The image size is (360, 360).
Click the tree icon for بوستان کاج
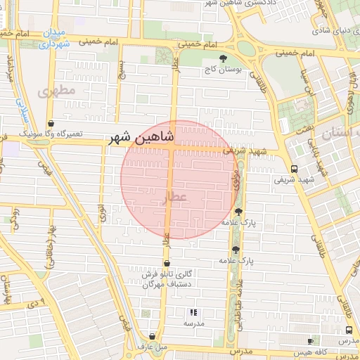pos(224,59)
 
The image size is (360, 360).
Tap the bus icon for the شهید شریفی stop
pos(293,169)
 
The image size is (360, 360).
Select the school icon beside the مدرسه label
pos(193,312)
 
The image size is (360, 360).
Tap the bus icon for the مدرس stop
pos(349,330)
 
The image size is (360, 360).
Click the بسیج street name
pos(123,70)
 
